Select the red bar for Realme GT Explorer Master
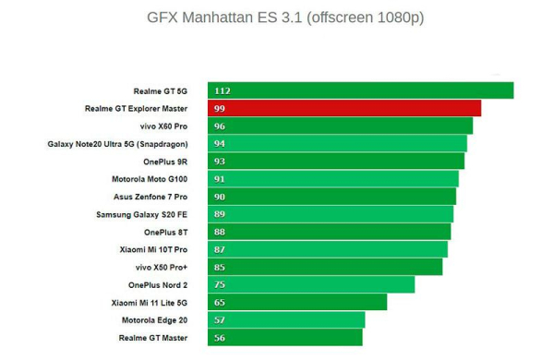tap(344, 108)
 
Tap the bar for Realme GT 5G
tap(360, 90)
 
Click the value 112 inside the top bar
tap(223, 91)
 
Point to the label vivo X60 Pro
tap(163, 126)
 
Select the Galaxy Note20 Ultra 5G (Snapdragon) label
tap(117, 144)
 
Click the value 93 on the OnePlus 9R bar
tap(220, 162)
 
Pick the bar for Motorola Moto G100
tap(333, 179)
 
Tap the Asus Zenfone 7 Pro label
tap(151, 197)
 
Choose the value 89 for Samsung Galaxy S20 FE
tap(220, 214)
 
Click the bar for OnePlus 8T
tap(329, 232)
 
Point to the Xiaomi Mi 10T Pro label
tap(153, 250)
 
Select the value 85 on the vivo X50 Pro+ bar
tap(220, 268)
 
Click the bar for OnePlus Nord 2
tap(311, 284)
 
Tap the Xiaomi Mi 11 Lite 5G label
tap(150, 303)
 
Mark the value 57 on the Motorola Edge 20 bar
tap(220, 320)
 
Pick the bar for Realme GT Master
tap(284, 338)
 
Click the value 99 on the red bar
tap(220, 108)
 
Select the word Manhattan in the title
tap(217, 18)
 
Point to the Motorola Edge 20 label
tap(155, 320)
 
